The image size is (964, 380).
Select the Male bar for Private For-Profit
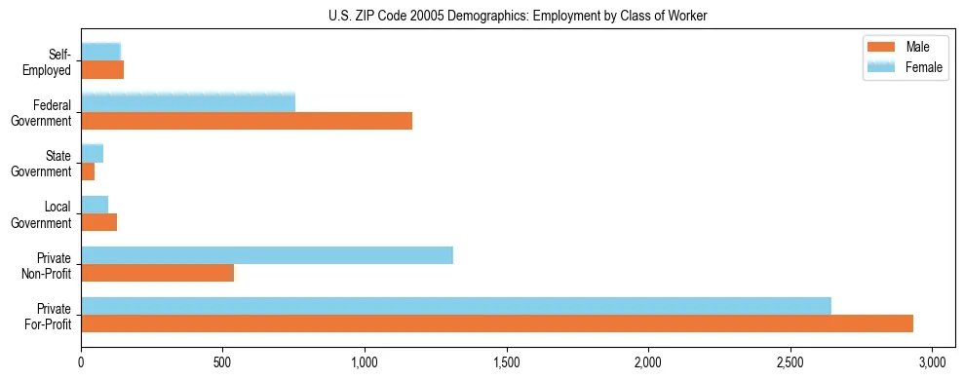pyautogui.click(x=497, y=323)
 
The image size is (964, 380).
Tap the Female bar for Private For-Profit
pyautogui.click(x=456, y=306)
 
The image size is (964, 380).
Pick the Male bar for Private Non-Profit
pyautogui.click(x=158, y=273)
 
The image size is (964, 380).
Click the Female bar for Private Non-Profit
pyautogui.click(x=267, y=255)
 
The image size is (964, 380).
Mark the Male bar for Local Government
pyautogui.click(x=99, y=222)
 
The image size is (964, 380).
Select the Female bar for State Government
pyautogui.click(x=93, y=154)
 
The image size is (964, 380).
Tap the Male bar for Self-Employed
pyautogui.click(x=102, y=70)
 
